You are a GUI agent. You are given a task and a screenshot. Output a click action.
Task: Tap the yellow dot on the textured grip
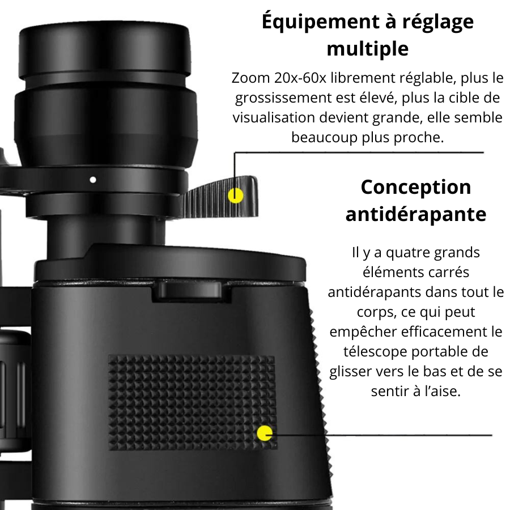[265, 433]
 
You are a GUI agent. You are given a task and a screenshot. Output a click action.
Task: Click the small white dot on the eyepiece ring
[93, 180]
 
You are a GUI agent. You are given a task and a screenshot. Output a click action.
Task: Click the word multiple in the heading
[368, 49]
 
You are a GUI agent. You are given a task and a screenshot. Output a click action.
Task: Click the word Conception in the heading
[416, 188]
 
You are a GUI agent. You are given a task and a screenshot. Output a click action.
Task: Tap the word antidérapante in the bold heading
[416, 214]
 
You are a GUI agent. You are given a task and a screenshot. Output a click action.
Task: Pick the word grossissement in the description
[283, 98]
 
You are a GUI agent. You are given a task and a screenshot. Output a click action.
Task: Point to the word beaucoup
[324, 138]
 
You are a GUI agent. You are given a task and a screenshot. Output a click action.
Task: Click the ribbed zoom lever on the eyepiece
[221, 197]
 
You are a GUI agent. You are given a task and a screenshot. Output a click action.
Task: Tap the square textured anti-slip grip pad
[192, 402]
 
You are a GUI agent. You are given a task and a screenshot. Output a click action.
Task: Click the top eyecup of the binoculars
[104, 52]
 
